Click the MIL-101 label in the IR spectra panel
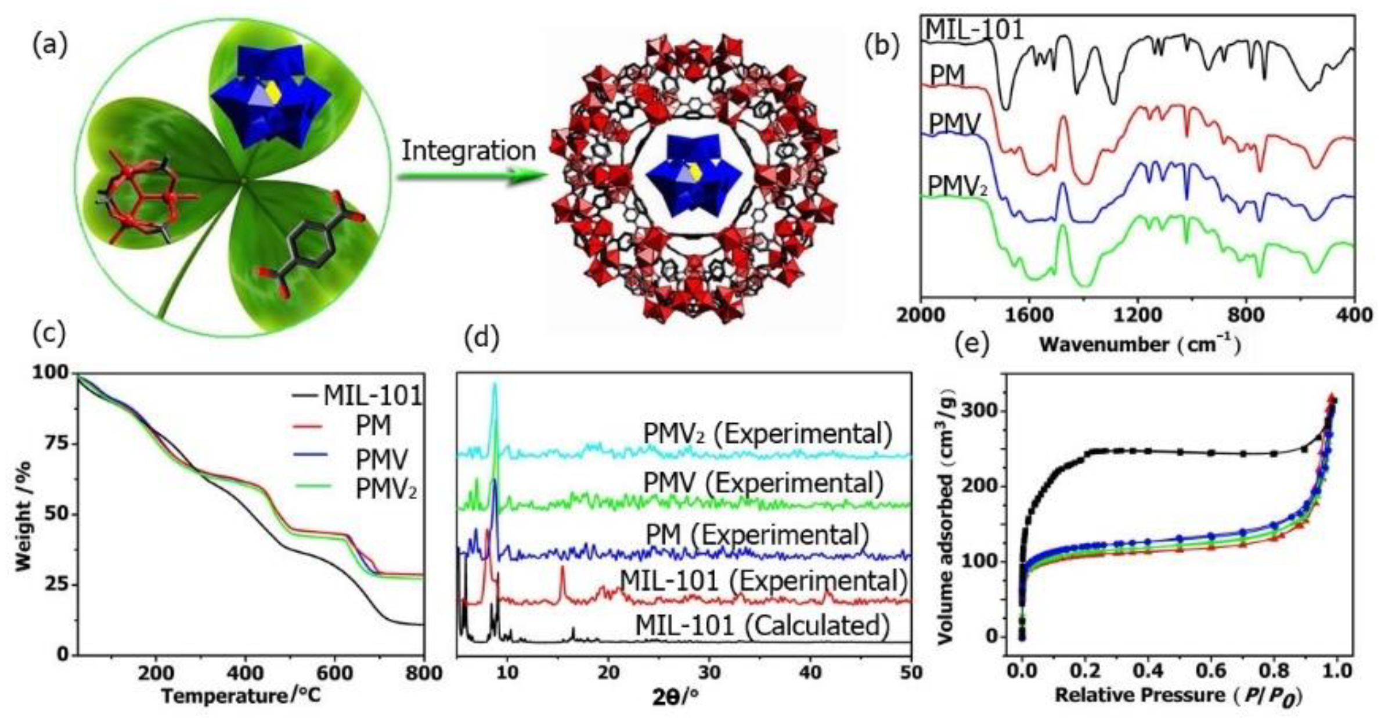975,29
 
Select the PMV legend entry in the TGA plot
381,460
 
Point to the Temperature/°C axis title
240,695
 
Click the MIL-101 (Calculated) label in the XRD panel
762,626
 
